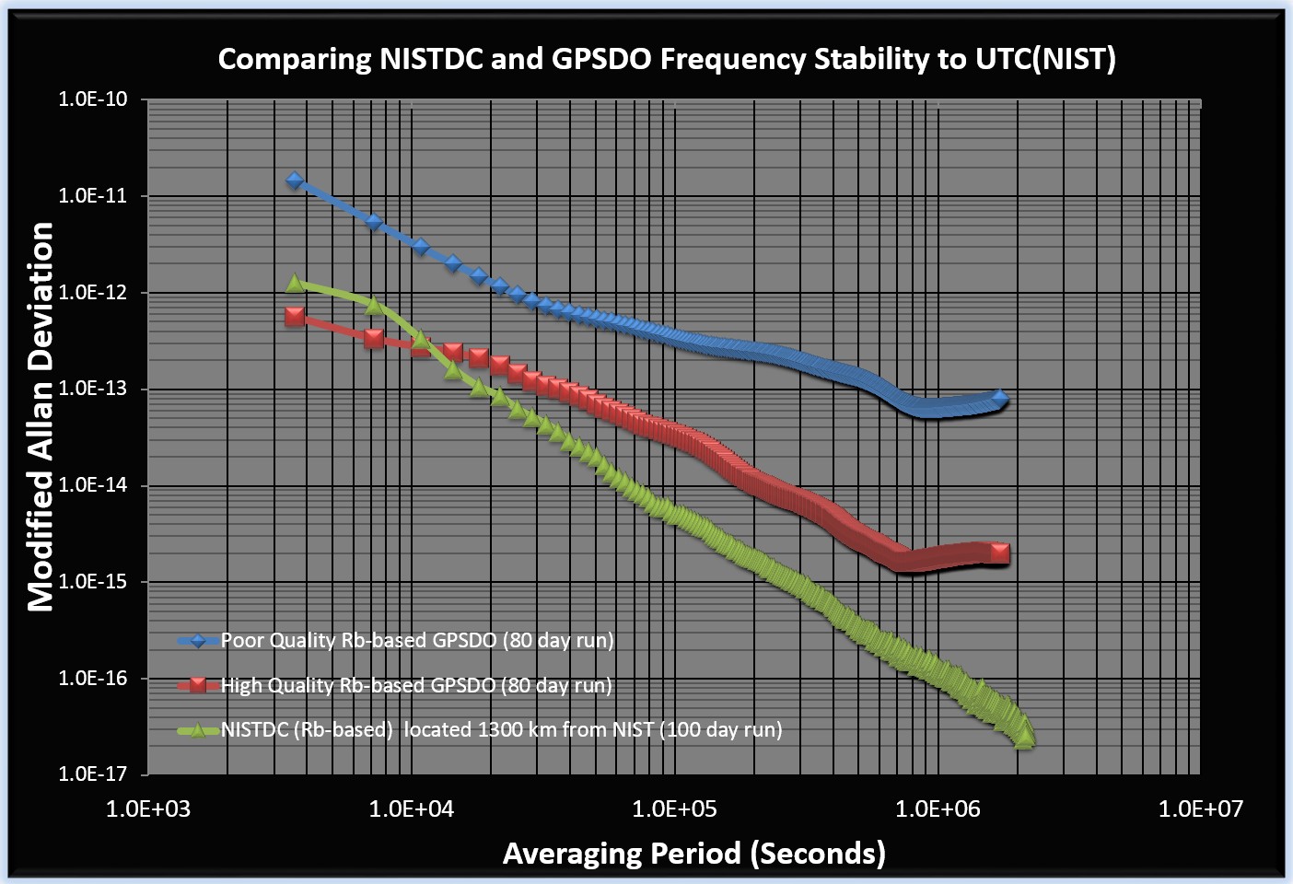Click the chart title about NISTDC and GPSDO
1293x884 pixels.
click(667, 60)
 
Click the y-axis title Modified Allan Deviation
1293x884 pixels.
click(41, 416)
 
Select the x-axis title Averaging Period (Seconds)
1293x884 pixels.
click(693, 854)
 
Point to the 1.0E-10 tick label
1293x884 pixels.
click(92, 99)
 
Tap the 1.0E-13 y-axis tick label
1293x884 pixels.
click(92, 389)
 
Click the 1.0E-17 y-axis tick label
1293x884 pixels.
click(92, 773)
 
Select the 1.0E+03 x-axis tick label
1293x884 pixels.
click(147, 809)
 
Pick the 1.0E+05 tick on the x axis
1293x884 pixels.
click(674, 809)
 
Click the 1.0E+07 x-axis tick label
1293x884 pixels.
click(1201, 809)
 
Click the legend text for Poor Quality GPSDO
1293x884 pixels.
click(417, 641)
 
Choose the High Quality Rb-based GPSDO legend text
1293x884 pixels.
click(416, 685)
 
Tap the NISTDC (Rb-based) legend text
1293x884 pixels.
click(502, 730)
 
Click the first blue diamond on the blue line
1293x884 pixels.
click(295, 180)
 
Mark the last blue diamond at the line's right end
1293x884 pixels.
click(1000, 398)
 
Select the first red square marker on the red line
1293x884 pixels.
click(295, 316)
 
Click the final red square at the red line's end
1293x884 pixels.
click(1000, 552)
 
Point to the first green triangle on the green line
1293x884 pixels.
click(295, 284)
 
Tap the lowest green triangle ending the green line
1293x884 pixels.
click(1024, 738)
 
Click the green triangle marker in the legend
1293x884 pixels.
click(198, 730)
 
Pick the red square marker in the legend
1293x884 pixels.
click(198, 685)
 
